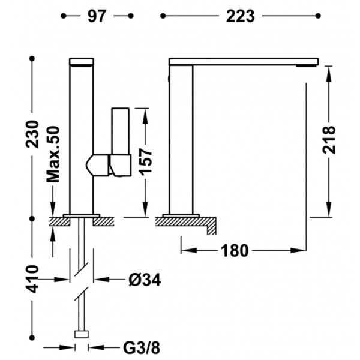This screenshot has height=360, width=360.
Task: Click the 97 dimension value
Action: [x=97, y=16]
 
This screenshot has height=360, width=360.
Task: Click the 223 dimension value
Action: [x=241, y=16]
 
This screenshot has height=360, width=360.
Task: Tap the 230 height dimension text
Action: [x=32, y=134]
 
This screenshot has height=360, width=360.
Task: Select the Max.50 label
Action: [x=53, y=154]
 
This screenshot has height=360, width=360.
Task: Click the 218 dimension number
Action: [x=329, y=140]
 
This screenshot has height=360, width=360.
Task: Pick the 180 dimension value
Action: [x=235, y=250]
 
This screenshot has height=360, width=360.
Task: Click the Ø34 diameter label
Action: [x=145, y=280]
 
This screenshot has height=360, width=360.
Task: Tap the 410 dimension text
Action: [x=32, y=279]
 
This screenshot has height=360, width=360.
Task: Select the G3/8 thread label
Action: [x=142, y=348]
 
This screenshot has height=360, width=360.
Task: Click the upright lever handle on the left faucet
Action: [x=121, y=131]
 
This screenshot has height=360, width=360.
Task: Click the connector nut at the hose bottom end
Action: [x=82, y=334]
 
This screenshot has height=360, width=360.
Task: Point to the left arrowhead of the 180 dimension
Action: [x=189, y=250]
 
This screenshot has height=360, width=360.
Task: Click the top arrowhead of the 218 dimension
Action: [x=329, y=74]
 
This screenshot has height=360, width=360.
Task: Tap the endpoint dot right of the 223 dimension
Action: [x=318, y=16]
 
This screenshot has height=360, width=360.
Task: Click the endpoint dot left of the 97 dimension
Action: [x=64, y=16]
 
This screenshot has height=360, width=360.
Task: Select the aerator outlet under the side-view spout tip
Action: [x=307, y=66]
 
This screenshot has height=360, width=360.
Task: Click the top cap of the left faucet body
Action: [x=82, y=62]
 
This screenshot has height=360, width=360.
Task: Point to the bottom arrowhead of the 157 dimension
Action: [x=145, y=208]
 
